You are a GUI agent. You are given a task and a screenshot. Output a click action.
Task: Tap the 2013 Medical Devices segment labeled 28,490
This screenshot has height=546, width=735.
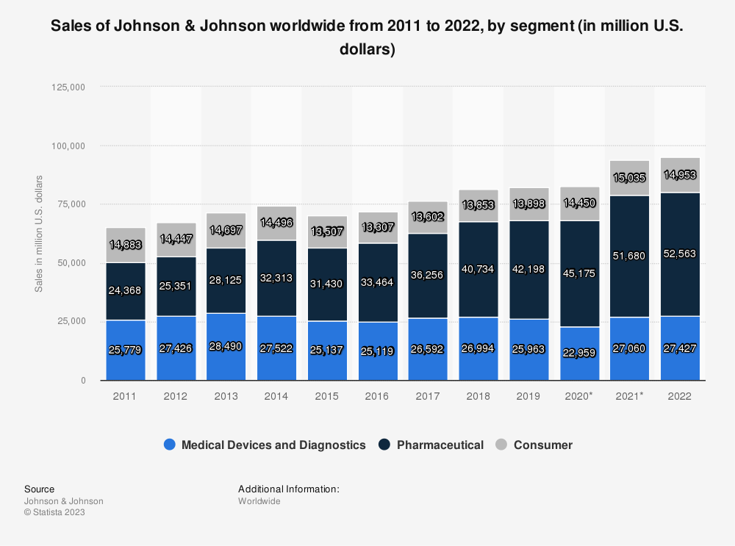coord(226,347)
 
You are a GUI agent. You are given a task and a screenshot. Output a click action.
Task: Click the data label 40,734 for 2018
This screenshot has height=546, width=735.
coord(478,269)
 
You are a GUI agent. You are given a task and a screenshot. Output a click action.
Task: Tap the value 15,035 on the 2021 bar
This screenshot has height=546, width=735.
coord(630,177)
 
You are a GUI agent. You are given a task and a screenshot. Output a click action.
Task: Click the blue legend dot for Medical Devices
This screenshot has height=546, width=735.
coord(170,445)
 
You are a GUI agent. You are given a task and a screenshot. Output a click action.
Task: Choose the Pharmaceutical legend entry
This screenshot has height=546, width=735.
coord(431,445)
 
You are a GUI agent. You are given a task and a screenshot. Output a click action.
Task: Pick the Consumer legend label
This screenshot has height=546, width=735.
coord(542,445)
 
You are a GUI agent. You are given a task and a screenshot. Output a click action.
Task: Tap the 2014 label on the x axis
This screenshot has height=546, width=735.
coord(276,395)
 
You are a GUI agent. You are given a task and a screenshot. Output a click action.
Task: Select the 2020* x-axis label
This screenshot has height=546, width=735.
coord(579,395)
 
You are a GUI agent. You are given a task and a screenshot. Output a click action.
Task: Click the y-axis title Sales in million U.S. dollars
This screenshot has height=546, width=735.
coord(39,234)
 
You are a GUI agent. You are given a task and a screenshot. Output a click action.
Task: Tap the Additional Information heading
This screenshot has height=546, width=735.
coord(288,489)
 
